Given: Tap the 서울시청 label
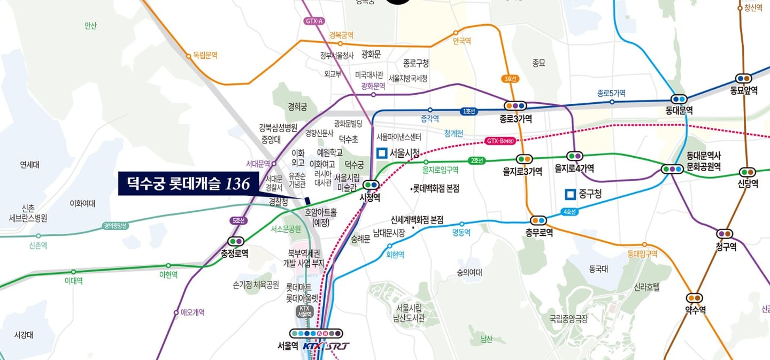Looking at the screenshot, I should (404, 153).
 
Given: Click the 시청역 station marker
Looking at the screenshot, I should (371, 185).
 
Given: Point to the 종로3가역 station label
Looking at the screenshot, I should (515, 119).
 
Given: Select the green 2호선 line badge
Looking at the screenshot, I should (476, 160).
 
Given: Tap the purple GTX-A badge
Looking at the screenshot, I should (314, 21).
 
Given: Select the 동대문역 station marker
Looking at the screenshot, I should (679, 99).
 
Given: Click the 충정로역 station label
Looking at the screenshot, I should (234, 254).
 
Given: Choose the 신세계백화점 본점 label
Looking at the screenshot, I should (417, 220).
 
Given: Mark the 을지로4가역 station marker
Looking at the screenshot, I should (575, 156).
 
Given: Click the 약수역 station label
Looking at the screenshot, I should (695, 310).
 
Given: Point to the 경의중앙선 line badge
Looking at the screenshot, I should (116, 226).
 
